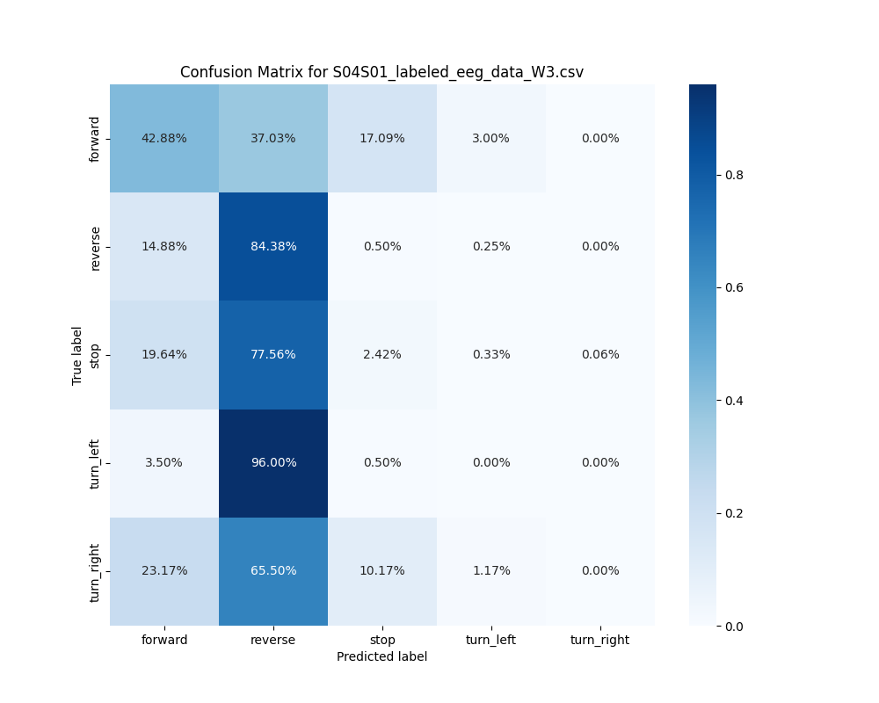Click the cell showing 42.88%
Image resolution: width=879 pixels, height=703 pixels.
coord(164,138)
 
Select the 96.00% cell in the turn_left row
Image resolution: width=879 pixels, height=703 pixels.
coord(273,462)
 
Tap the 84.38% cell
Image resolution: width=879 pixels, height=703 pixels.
coord(273,246)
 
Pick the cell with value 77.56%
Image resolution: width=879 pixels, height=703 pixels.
coord(273,354)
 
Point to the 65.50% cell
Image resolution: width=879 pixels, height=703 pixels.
coord(273,570)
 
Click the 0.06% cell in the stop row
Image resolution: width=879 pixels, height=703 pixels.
coord(600,354)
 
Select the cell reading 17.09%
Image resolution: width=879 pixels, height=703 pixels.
coord(382,138)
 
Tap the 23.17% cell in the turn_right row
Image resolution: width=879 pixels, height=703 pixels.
coord(164,570)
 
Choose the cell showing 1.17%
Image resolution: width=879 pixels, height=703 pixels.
coord(491,570)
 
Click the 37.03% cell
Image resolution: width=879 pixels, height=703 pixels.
coord(273,138)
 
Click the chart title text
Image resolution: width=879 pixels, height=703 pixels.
coord(381,72)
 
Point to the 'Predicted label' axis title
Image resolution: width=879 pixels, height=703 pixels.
coord(381,656)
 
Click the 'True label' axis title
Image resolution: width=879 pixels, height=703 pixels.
coord(77,355)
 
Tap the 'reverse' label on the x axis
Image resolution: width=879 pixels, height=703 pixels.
coord(273,640)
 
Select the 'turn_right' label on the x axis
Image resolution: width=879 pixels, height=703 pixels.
coord(600,640)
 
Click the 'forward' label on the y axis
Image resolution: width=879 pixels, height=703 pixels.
coord(95,139)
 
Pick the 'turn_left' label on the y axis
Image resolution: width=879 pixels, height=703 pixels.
coord(95,463)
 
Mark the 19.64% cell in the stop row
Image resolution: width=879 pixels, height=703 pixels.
coord(164,354)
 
